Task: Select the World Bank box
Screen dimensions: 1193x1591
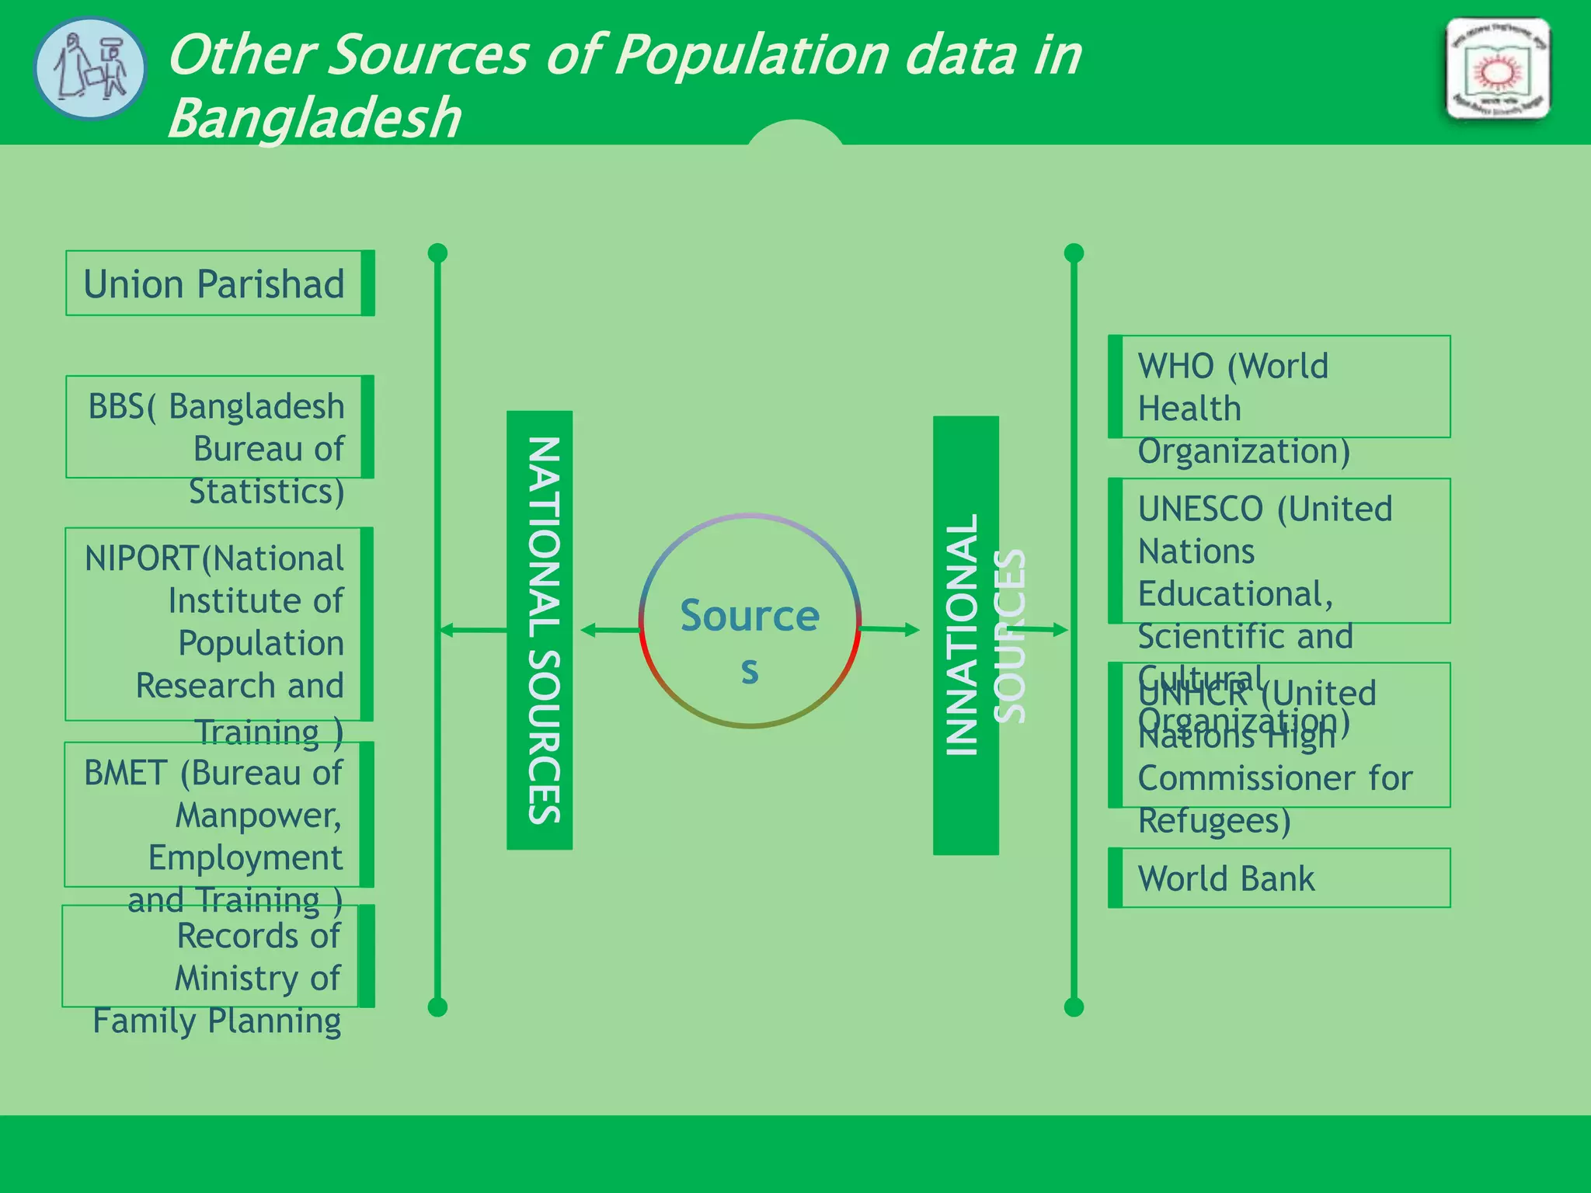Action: (x=1279, y=878)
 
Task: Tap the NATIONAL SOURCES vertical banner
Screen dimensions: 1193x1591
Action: (x=540, y=630)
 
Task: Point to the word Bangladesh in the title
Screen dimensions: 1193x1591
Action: (x=314, y=119)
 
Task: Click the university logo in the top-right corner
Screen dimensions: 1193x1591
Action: (x=1498, y=70)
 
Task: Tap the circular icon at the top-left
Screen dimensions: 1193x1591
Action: (x=90, y=68)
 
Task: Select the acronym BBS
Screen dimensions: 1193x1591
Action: (x=117, y=407)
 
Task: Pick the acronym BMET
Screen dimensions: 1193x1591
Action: (x=125, y=774)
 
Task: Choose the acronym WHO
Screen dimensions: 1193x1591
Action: (x=1175, y=367)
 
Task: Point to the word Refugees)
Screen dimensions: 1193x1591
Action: (x=1214, y=821)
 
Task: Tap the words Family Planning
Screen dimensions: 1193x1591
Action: (x=217, y=1021)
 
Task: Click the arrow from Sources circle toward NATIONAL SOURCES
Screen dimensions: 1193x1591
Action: (x=611, y=630)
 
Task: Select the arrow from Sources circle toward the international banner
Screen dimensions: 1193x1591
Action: (x=889, y=629)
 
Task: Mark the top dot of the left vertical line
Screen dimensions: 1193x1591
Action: (x=437, y=253)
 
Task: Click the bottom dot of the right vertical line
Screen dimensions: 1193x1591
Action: (x=1074, y=1007)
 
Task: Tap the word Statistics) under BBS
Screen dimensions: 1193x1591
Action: (x=266, y=492)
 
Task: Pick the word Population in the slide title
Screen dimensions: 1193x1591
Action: (x=751, y=56)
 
